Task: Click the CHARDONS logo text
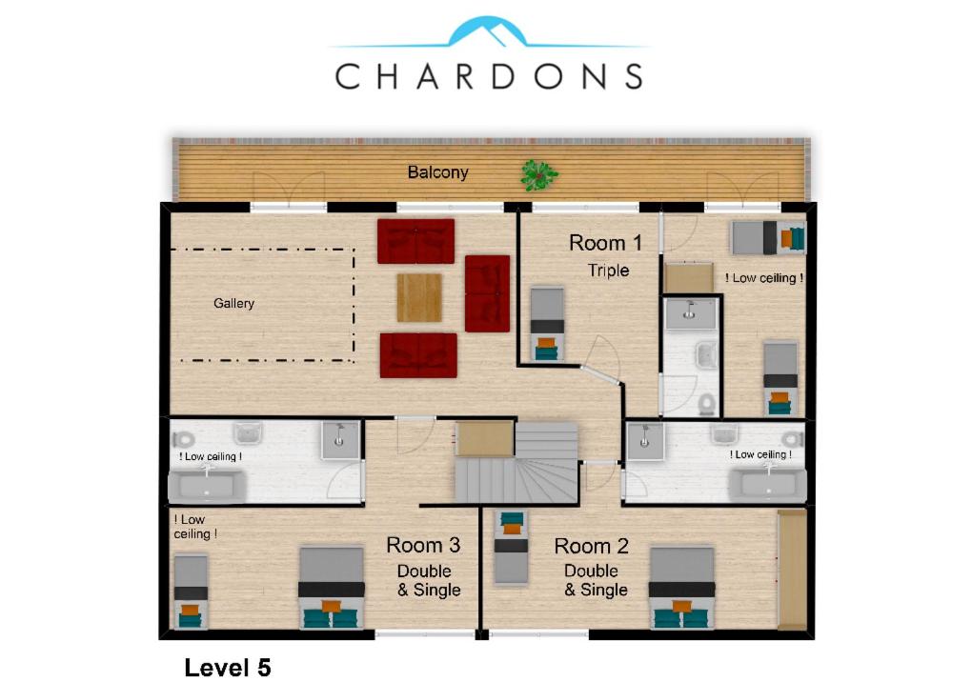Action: [489, 76]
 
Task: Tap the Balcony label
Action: [437, 172]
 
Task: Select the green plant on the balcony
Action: [538, 175]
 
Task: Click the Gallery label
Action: [233, 303]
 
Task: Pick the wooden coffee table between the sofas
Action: [419, 298]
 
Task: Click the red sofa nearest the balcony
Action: [415, 241]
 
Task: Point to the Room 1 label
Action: [605, 243]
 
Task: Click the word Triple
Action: [609, 271]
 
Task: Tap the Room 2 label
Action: [592, 547]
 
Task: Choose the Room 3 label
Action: [423, 545]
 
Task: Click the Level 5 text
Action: [228, 668]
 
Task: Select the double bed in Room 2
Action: [682, 588]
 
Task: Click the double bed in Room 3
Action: [332, 588]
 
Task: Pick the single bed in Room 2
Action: [512, 548]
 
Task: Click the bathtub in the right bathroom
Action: [768, 485]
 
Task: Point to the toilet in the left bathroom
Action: [183, 440]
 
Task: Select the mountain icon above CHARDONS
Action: [488, 32]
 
